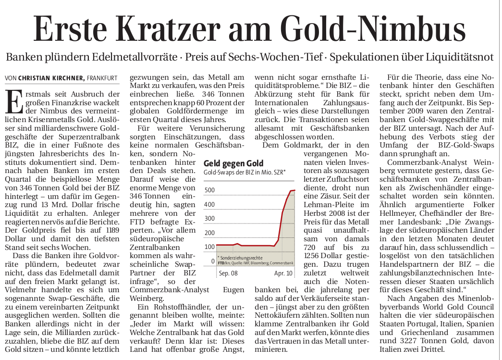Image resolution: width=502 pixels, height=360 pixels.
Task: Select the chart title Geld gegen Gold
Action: pos(233,163)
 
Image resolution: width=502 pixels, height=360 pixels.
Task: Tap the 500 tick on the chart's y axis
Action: pos(209,190)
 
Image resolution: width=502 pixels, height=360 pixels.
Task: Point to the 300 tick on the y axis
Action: pos(209,219)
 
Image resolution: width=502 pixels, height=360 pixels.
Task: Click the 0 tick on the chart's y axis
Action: pos(213,261)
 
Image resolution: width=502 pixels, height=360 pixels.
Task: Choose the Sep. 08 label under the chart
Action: pos(228,273)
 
